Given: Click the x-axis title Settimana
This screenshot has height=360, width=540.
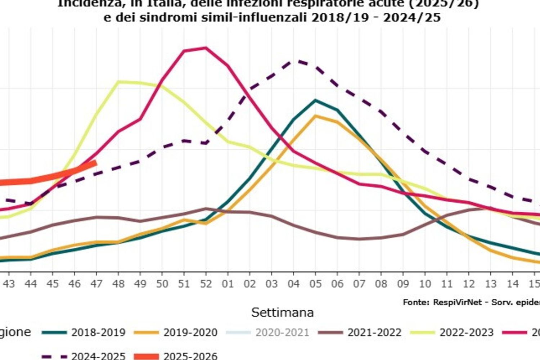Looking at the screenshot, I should click(x=282, y=312).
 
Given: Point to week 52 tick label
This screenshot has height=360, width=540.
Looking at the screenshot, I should click(x=206, y=284).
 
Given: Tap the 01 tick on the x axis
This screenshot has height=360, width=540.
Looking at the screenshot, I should click(x=228, y=284).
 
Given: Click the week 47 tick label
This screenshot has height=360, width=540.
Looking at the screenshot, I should click(x=96, y=284).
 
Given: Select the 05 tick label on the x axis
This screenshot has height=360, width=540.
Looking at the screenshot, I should click(x=315, y=284).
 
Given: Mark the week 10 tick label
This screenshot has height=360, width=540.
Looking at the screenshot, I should click(x=425, y=284).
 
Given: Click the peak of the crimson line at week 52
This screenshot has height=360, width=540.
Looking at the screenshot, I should click(x=206, y=48).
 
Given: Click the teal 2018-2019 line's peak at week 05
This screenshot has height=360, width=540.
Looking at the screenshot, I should click(x=315, y=100).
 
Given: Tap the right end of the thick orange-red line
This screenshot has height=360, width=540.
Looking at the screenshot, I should click(x=96, y=163).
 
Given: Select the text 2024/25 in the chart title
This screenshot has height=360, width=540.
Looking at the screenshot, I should click(x=412, y=17).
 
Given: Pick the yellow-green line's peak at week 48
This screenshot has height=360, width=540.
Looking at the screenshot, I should click(x=118, y=82).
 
